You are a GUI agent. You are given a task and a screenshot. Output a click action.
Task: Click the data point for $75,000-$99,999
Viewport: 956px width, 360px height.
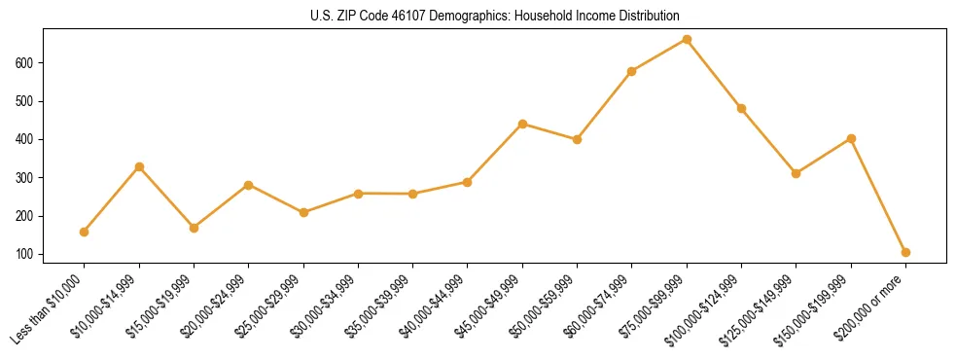[687, 40]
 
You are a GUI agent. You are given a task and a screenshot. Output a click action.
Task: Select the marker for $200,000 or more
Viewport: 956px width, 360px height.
[905, 252]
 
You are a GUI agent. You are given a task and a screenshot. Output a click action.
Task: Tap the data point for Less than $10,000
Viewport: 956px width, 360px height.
[85, 232]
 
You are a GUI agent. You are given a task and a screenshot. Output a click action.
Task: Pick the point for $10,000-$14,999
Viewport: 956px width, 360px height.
[139, 166]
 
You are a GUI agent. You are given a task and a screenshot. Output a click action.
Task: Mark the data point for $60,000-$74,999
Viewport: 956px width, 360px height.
[632, 71]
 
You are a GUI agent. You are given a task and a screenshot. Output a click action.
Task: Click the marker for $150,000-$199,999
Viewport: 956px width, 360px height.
[851, 138]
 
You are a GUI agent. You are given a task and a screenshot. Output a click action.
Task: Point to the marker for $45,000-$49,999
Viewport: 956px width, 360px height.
[522, 124]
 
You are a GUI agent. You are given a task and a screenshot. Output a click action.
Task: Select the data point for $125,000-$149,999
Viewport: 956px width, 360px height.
[796, 173]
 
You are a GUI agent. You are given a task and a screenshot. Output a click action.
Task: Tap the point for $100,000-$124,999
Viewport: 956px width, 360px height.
[741, 108]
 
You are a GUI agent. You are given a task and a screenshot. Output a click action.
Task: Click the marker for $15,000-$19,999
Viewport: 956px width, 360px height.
[194, 228]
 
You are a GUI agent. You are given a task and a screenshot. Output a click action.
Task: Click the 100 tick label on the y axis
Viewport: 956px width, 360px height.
[26, 255]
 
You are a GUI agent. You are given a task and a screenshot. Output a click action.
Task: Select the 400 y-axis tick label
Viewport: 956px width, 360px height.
[26, 140]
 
